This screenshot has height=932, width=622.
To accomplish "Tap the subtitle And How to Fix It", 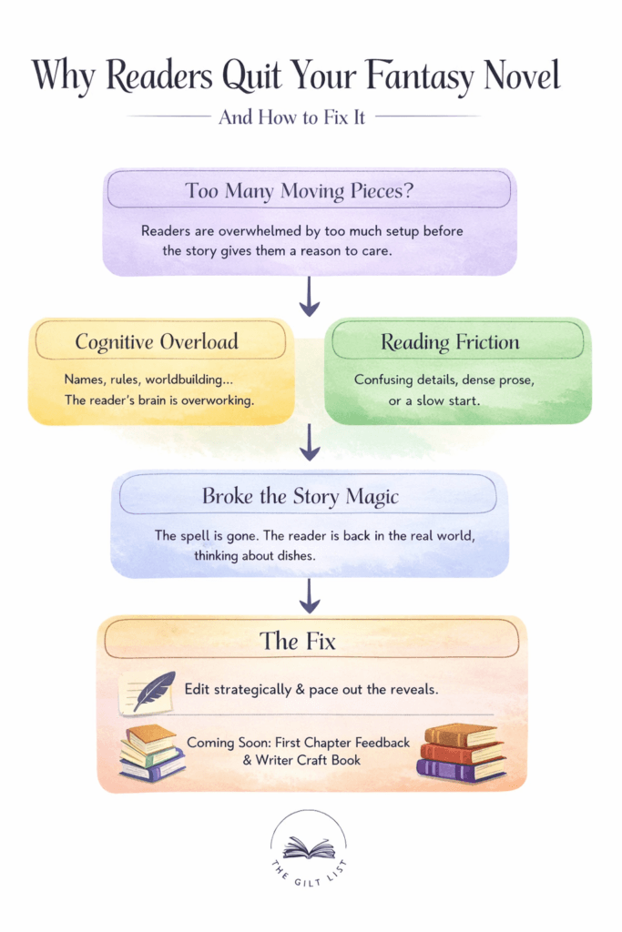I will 291,117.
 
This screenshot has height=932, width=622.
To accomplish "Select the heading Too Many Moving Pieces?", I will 310,191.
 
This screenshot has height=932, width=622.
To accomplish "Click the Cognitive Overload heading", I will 157,342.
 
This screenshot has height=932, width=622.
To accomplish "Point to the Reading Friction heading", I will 450,342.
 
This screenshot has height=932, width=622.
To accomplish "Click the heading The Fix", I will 298,641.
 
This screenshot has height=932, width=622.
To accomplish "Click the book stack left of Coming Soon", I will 150,753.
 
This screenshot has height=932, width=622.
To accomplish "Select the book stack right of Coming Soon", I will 461,753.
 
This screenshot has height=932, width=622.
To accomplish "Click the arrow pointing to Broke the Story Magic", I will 310,443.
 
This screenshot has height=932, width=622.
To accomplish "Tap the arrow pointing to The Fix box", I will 310,595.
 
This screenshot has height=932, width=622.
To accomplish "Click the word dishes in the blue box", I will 292,554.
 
